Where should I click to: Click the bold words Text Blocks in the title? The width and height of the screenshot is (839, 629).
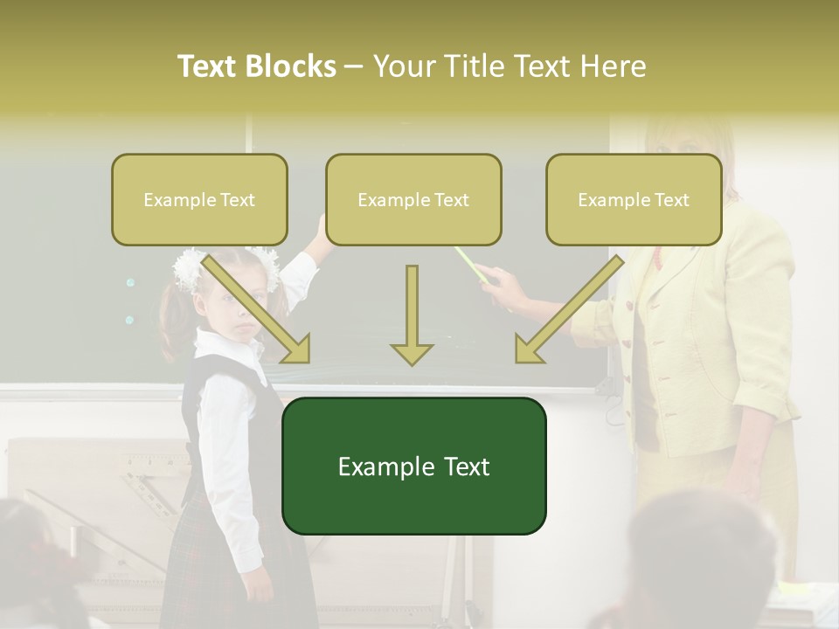point(257,66)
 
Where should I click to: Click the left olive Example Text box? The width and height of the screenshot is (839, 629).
point(199,200)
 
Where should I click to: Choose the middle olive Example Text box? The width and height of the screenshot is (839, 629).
point(413,200)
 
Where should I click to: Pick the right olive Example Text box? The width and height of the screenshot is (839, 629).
point(634,200)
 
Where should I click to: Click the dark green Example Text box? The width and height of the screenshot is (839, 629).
point(413,466)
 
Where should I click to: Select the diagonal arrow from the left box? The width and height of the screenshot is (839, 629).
point(258,310)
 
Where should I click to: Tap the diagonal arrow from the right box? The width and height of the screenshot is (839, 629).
point(568,310)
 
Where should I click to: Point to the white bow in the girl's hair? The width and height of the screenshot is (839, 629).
point(189,268)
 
